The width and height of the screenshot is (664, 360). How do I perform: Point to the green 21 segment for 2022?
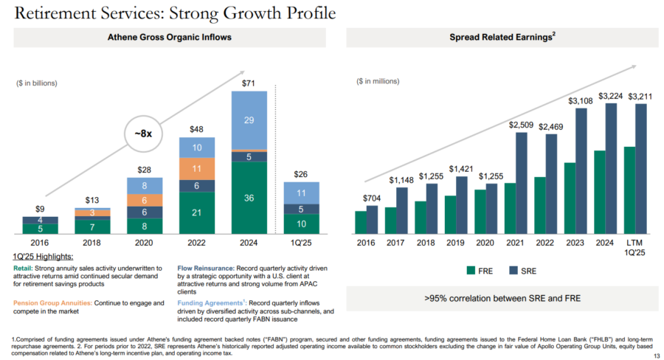coord(197,212)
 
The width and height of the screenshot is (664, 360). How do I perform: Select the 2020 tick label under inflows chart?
coord(144,242)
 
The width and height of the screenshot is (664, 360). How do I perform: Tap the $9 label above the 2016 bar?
coord(41,210)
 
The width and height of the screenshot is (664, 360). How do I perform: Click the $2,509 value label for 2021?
coord(520,125)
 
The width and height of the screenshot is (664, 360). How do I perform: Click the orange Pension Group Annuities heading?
coord(53,302)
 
